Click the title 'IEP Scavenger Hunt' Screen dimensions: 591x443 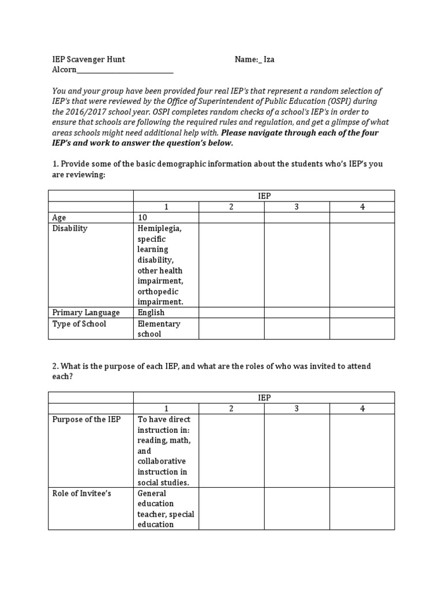(x=88, y=59)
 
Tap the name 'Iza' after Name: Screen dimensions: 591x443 (x=269, y=59)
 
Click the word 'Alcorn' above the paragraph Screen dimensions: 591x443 (x=64, y=70)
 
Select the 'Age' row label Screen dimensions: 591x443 (x=59, y=218)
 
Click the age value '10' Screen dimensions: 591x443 (x=142, y=218)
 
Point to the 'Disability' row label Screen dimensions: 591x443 (x=70, y=229)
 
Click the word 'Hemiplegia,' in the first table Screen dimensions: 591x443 (x=159, y=229)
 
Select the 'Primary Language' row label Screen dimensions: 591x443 (x=86, y=312)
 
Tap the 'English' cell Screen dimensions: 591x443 (x=151, y=312)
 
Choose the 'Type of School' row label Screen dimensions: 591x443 (x=79, y=324)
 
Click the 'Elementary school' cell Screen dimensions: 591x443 (x=159, y=328)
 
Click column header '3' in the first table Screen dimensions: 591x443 (x=296, y=207)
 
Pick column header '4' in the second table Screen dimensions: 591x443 (x=362, y=408)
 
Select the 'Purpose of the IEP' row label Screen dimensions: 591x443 (x=87, y=419)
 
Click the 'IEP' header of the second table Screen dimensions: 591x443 (x=264, y=398)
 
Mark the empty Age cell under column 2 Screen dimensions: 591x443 (x=231, y=218)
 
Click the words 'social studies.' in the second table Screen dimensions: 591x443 (x=163, y=482)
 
